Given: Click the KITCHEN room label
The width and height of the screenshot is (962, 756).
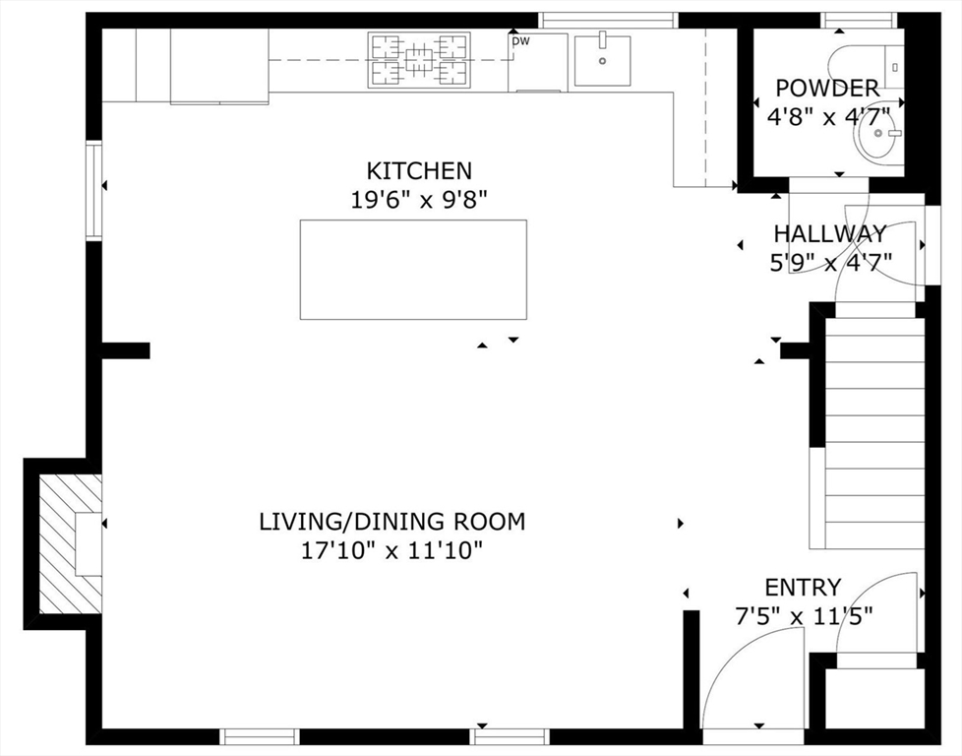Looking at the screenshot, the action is pyautogui.click(x=419, y=170).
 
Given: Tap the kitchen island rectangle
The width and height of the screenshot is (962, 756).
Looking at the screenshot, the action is pyautogui.click(x=413, y=270).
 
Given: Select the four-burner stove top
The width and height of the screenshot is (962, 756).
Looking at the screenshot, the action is pyautogui.click(x=419, y=60).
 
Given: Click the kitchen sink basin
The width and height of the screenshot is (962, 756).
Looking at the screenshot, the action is pyautogui.click(x=602, y=60).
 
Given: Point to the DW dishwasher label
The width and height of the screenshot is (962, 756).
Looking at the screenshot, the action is pyautogui.click(x=521, y=41).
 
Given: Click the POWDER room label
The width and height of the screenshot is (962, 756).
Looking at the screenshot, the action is pyautogui.click(x=827, y=89).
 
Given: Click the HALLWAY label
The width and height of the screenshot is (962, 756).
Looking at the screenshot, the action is pyautogui.click(x=830, y=234).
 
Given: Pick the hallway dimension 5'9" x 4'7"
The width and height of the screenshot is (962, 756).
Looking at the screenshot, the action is pyautogui.click(x=831, y=262).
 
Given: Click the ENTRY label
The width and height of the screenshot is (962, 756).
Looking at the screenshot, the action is pyautogui.click(x=803, y=588).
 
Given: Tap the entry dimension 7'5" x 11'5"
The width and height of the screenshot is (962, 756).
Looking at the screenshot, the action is pyautogui.click(x=804, y=615).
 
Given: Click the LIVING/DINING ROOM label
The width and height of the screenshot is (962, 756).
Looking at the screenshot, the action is pyautogui.click(x=392, y=522).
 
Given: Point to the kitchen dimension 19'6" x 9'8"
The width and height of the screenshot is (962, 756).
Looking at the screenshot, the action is pyautogui.click(x=419, y=200).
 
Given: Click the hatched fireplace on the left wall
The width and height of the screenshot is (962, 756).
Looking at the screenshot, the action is pyautogui.click(x=71, y=543).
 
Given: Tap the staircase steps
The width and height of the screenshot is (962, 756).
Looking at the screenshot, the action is pyautogui.click(x=874, y=433).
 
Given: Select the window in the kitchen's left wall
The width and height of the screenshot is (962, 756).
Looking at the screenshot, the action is pyautogui.click(x=93, y=190).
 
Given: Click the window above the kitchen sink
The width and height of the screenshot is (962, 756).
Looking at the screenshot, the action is pyautogui.click(x=609, y=21).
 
